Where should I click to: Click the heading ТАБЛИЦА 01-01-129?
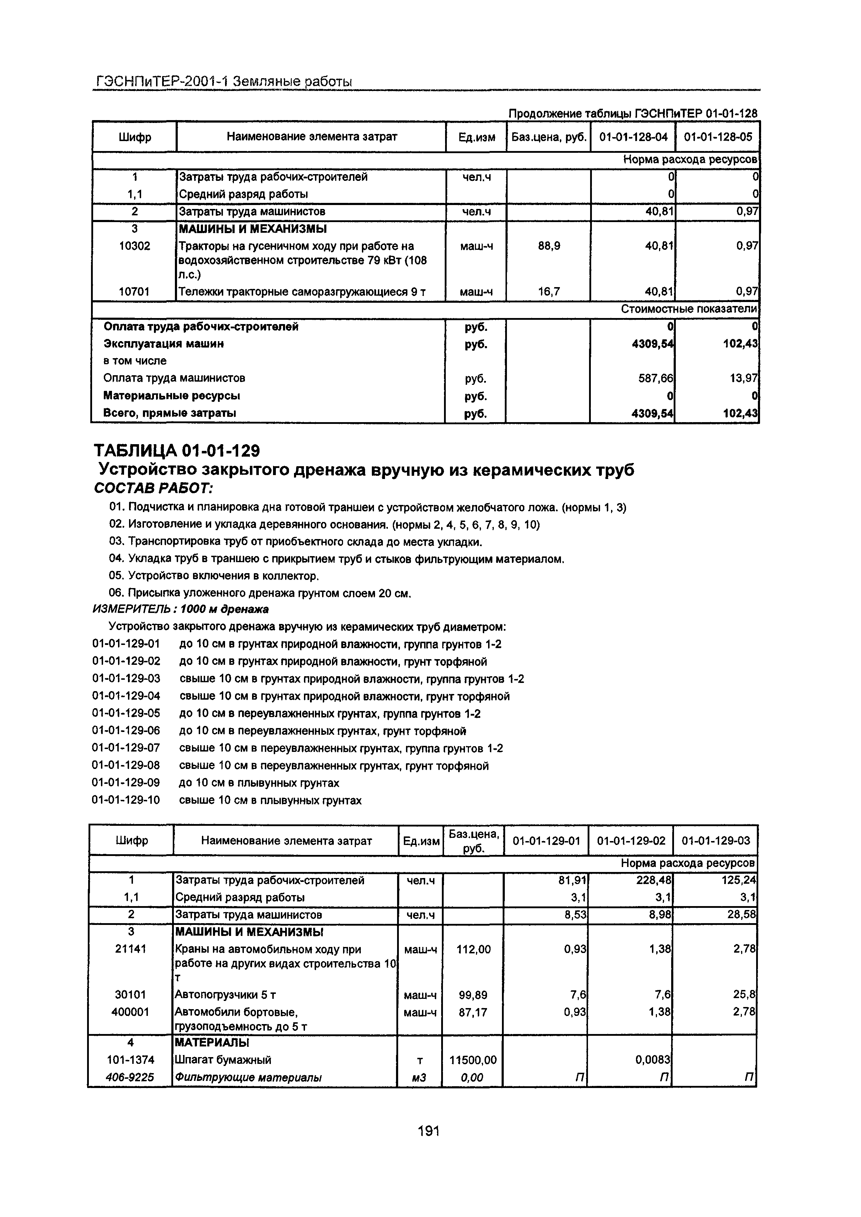coord(177,451)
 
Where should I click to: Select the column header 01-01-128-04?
coord(633,137)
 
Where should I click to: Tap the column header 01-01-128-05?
coord(717,137)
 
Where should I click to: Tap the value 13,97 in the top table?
coord(743,378)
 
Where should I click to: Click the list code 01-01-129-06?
coord(126,732)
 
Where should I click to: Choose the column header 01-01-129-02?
coord(631,841)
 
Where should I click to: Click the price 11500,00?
coord(473,1060)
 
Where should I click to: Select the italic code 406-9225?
coord(130,1078)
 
